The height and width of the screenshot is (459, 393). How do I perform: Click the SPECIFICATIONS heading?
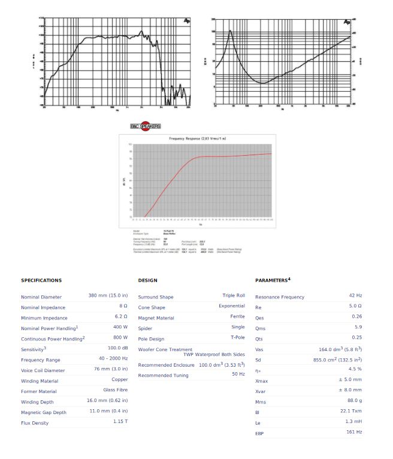click(41, 280)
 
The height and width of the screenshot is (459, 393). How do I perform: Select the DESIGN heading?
click(147, 280)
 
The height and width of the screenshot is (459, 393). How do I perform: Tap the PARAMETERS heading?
click(273, 280)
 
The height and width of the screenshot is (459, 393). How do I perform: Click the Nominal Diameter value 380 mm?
click(108, 296)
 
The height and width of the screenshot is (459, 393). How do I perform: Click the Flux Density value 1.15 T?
click(120, 422)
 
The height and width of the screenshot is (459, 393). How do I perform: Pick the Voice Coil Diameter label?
click(43, 370)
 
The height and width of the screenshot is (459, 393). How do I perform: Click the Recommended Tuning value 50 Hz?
click(238, 374)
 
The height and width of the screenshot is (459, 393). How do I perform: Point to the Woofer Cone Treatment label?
click(165, 349)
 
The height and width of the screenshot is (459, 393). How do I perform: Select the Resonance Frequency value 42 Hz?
click(355, 296)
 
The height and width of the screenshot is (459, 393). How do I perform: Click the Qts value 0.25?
click(357, 338)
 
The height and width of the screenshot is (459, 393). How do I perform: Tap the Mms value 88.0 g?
click(354, 401)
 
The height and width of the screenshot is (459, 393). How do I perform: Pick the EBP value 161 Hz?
click(354, 432)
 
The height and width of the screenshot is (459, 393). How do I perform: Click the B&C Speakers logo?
click(146, 126)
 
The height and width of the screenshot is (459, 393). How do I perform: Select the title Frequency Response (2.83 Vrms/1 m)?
click(198, 138)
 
